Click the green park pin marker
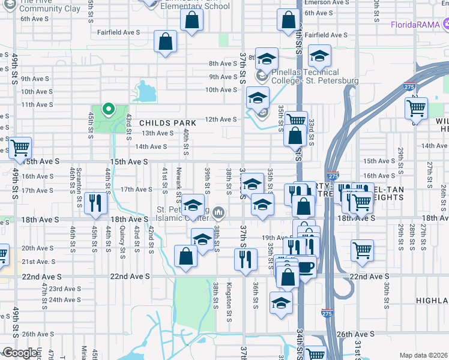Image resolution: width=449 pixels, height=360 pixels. tap(108, 109)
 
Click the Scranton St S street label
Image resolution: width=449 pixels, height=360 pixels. tap(79, 184)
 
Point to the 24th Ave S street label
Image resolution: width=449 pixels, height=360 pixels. tap(64, 299)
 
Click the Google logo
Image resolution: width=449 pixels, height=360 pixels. tap(20, 353)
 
